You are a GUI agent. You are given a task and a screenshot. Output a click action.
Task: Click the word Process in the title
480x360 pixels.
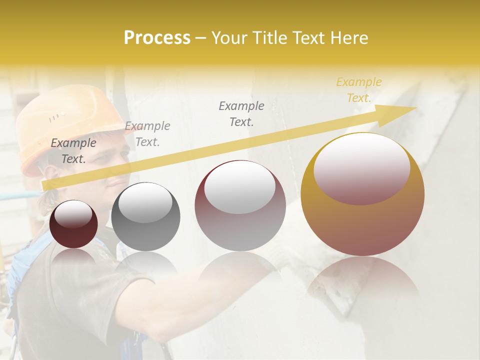tap(157, 38)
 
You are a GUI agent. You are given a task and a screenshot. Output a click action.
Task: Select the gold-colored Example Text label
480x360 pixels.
tap(358, 90)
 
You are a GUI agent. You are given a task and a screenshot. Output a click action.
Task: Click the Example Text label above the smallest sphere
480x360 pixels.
tap(73, 151)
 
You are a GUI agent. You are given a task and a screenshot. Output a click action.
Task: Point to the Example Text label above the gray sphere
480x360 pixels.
tap(147, 134)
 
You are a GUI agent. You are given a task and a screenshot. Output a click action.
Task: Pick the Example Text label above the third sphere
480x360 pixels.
tap(241, 114)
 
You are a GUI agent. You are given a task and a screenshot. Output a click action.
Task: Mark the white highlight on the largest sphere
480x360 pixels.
tap(361, 167)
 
